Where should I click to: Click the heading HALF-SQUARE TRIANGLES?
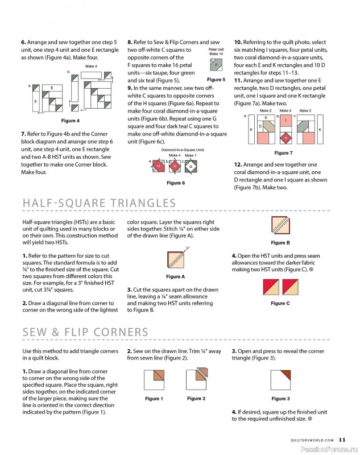point(99,203)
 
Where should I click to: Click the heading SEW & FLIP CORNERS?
point(85,332)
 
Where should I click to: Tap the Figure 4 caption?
point(70,121)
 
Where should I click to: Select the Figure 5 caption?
point(216,80)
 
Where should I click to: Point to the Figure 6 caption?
point(176,183)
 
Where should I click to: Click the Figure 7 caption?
point(283,153)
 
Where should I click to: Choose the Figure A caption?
point(175,276)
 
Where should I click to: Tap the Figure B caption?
point(280,243)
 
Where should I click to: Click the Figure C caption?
point(280,303)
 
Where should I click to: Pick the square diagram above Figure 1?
point(154,380)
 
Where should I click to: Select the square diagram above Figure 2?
point(197,379)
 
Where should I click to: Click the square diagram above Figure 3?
point(280,380)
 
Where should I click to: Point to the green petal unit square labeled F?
point(216,65)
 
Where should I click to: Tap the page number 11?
point(342,440)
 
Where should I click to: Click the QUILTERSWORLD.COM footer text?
point(312,440)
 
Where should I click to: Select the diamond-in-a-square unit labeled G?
point(191,167)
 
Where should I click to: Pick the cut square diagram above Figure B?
point(280,225)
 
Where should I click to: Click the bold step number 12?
point(238,164)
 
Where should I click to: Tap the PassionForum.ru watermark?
point(329,449)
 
